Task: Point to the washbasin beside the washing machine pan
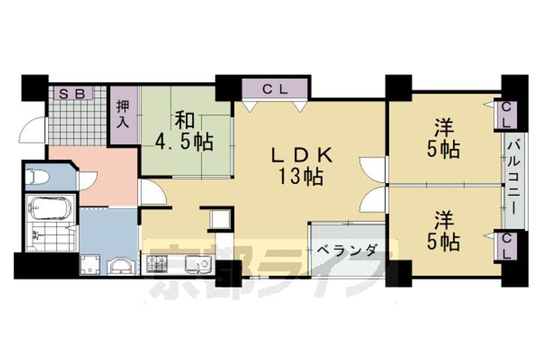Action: click(120, 265)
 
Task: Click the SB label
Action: click(72, 94)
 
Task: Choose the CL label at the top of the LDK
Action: click(274, 88)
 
